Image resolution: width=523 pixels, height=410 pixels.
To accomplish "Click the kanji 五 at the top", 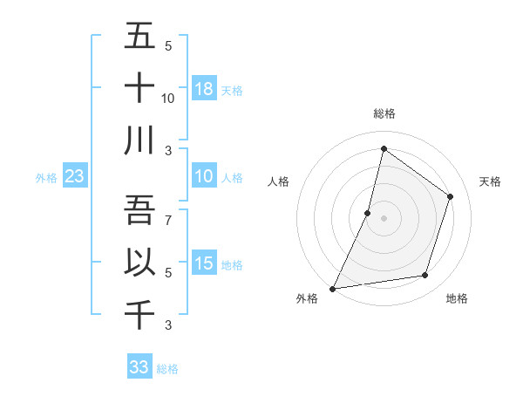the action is [x=139, y=36].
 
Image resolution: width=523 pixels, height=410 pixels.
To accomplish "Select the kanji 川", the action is [x=139, y=140].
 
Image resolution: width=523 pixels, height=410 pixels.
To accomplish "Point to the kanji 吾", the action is [x=139, y=210].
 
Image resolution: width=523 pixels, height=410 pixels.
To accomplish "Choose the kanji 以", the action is [x=139, y=263].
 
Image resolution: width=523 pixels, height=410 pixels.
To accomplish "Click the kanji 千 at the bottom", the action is [x=139, y=315].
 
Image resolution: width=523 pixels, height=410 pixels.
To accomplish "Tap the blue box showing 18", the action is [x=204, y=88].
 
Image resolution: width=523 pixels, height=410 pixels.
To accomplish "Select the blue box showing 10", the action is [x=204, y=176].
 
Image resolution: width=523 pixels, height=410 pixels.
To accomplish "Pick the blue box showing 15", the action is [x=204, y=263].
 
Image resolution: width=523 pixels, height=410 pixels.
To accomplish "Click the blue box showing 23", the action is [x=74, y=176].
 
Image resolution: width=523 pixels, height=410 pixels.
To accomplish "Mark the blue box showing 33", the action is [x=139, y=367].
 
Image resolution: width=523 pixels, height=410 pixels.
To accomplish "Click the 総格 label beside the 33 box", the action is [x=167, y=369].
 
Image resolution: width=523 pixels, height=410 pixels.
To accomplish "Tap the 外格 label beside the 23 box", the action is [x=46, y=178].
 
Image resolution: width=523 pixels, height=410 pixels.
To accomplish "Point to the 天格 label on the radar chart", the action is [x=491, y=181].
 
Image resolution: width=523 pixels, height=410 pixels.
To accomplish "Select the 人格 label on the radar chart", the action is [x=278, y=181].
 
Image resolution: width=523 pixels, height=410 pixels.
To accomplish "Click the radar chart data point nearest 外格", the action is [x=332, y=288].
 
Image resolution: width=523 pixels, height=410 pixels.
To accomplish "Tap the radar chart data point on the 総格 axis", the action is [x=384, y=149].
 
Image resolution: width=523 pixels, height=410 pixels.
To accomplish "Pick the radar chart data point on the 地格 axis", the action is [x=425, y=276].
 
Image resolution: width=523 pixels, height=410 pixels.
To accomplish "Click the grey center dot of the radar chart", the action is [x=384, y=218].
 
